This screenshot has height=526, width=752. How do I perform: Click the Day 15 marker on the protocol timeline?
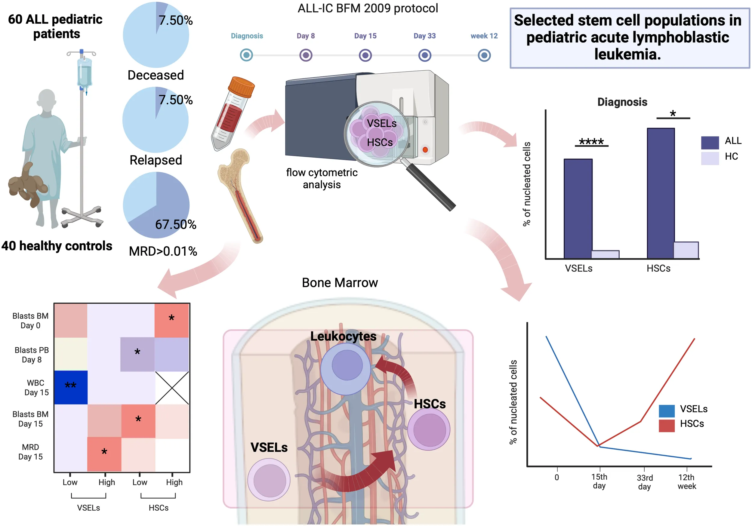tap(365, 55)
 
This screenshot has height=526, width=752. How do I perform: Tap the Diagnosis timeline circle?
tap(246, 55)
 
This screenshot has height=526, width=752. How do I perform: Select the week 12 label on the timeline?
tap(484, 36)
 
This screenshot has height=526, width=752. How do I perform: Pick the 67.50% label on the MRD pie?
tap(176, 225)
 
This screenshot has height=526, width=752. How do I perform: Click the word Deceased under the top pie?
tap(156, 75)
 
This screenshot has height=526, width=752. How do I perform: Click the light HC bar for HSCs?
tap(686, 250)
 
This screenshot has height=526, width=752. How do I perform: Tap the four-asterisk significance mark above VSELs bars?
tap(591, 141)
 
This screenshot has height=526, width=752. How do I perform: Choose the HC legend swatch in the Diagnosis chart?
tap(710, 158)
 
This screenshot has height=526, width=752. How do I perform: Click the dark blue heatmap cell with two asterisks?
tap(71, 387)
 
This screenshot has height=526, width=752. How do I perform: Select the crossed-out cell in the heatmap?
tap(172, 388)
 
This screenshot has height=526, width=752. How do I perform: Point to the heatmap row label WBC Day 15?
tap(36, 387)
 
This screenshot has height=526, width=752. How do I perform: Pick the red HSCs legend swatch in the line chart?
tap(667, 426)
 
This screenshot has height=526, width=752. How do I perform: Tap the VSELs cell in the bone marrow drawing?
tap(269, 479)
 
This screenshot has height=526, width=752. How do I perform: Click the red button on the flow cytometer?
tap(425, 150)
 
